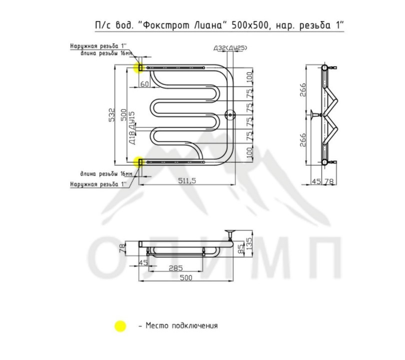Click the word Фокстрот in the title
pyautogui.click(x=183, y=26)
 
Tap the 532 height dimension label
pyautogui.click(x=111, y=115)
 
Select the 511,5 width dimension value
pyautogui.click(x=187, y=180)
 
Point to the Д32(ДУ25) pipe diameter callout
pyautogui.click(x=230, y=48)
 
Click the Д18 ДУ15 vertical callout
pyautogui.click(x=132, y=128)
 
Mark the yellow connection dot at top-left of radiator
pyautogui.click(x=139, y=68)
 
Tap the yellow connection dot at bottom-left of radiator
pyautogui.click(x=139, y=163)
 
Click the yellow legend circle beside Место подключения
pyautogui.click(x=120, y=326)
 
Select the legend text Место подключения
pyautogui.click(x=182, y=326)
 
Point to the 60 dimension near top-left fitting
pyautogui.click(x=145, y=84)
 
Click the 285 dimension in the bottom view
pyautogui.click(x=176, y=268)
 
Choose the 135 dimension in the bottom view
pyautogui.click(x=249, y=243)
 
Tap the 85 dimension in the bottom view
pyautogui.click(x=241, y=249)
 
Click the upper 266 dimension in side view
pyautogui.click(x=303, y=90)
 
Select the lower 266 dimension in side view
pyautogui.click(x=303, y=140)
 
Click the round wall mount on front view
pyautogui.click(x=230, y=115)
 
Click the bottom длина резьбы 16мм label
pyautogui.click(x=107, y=174)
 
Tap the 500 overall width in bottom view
pyautogui.click(x=186, y=278)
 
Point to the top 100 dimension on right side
pyautogui.click(x=249, y=77)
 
